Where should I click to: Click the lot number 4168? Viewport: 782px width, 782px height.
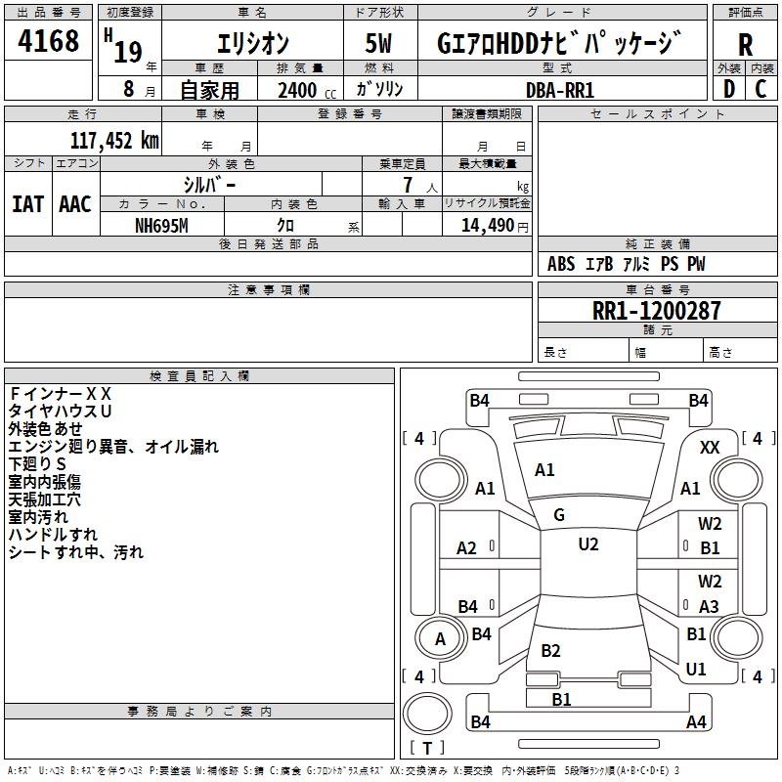click(x=49, y=42)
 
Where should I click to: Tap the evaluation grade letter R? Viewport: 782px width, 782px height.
click(x=745, y=45)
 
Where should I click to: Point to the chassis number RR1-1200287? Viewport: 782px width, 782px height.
click(x=657, y=311)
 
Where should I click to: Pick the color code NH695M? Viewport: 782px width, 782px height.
click(x=161, y=225)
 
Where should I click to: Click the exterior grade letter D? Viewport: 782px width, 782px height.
click(x=728, y=89)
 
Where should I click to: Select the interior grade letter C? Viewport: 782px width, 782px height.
click(x=760, y=89)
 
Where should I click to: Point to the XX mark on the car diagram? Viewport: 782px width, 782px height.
click(x=711, y=447)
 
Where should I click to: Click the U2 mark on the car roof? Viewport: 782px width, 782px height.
click(x=587, y=544)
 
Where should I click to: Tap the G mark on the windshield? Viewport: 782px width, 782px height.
click(x=559, y=515)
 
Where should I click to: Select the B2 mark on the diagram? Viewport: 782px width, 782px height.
click(x=550, y=651)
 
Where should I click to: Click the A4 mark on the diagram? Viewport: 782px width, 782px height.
click(x=696, y=722)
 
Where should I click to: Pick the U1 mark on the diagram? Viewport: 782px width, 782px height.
click(x=696, y=670)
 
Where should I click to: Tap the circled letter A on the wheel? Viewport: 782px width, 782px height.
click(x=440, y=639)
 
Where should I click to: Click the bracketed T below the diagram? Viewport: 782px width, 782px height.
click(x=427, y=749)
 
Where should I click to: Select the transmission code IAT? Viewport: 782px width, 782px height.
click(x=28, y=204)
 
